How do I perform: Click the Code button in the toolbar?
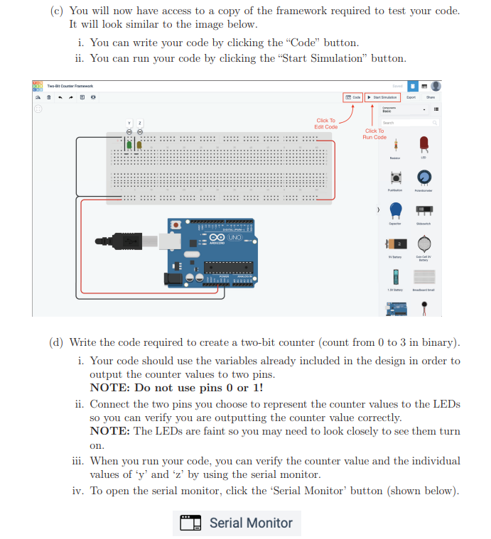click(x=353, y=97)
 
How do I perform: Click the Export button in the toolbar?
click(x=411, y=97)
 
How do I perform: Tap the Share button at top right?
click(x=431, y=97)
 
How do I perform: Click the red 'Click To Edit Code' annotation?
click(x=325, y=124)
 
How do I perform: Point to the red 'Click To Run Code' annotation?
click(x=374, y=134)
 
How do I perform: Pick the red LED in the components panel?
click(x=424, y=144)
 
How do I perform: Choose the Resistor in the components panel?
click(x=395, y=145)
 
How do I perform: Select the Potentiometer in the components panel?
click(x=424, y=178)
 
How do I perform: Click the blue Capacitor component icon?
click(x=395, y=209)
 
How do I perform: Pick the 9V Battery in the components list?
click(x=395, y=244)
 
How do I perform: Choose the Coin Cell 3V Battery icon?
click(x=424, y=244)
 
